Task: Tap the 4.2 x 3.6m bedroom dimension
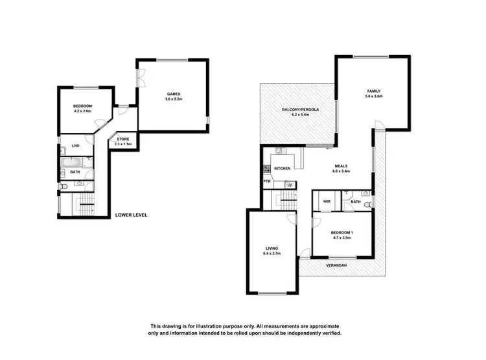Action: click(82, 112)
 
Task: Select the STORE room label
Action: click(123, 139)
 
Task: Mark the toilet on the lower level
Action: click(63, 187)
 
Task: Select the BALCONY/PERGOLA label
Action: click(301, 110)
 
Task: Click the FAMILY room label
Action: click(374, 91)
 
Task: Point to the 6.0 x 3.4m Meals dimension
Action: click(341, 171)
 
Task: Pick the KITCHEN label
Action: click(283, 169)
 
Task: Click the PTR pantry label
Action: click(266, 182)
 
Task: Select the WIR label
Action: click(327, 202)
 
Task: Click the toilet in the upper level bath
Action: click(367, 204)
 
